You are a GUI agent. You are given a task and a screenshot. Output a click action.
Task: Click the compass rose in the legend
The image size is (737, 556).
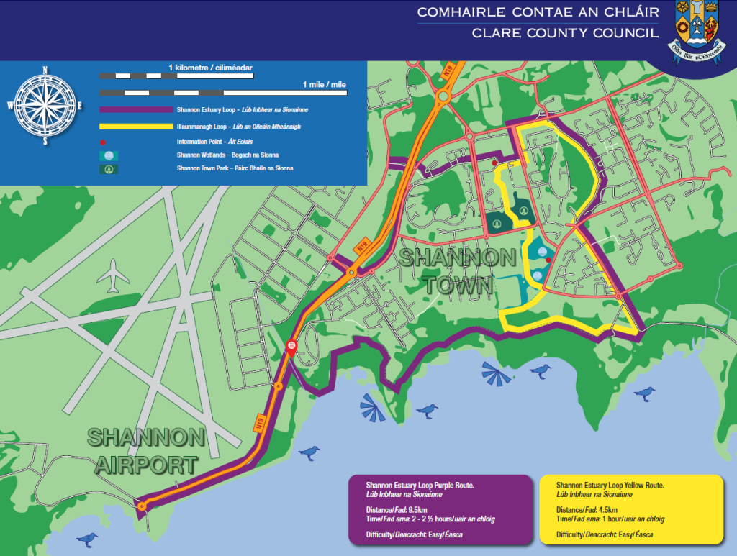45,106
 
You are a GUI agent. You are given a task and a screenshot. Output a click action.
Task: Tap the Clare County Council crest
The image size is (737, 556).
697,31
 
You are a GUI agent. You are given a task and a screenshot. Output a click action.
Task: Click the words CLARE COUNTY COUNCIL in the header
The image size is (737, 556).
564,33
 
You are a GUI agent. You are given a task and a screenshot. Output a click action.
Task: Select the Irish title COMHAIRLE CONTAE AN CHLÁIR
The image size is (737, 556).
537,12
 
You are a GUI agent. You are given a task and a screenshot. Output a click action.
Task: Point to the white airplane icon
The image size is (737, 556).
113,275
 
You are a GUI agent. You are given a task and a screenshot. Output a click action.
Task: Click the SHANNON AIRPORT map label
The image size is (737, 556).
146,450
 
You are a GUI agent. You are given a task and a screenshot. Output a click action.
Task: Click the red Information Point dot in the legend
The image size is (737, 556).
104,142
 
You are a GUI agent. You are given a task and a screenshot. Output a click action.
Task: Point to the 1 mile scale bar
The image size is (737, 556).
223,93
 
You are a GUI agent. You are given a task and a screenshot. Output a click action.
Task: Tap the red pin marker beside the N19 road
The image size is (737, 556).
291,347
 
